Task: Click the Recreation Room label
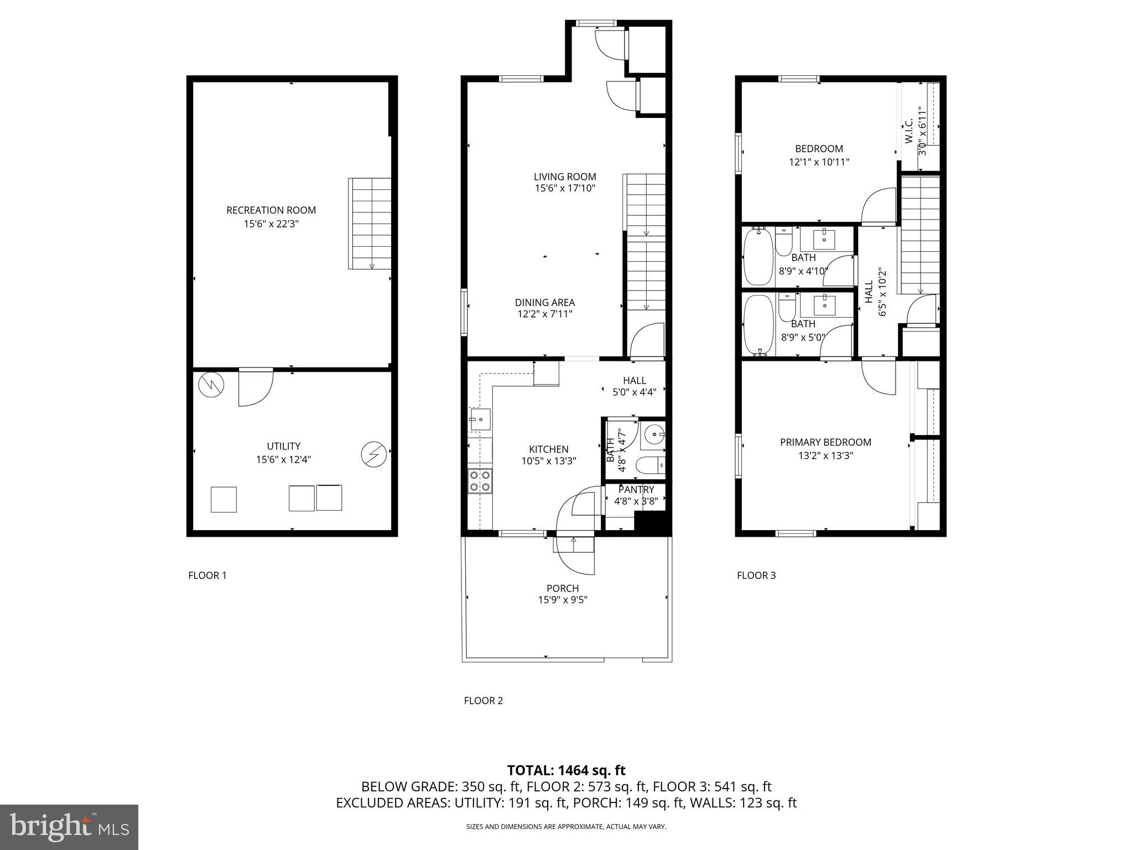pyautogui.click(x=271, y=210)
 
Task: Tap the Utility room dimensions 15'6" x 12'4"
pyautogui.click(x=283, y=459)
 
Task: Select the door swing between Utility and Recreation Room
pyautogui.click(x=255, y=387)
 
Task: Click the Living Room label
pyautogui.click(x=564, y=177)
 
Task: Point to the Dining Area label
pyautogui.click(x=544, y=303)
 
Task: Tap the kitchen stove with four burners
pyautogui.click(x=480, y=480)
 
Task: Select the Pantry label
pyautogui.click(x=636, y=490)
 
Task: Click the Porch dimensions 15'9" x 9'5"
pyautogui.click(x=562, y=600)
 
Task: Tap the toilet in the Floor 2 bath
pyautogui.click(x=649, y=466)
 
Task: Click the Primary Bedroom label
pyautogui.click(x=825, y=442)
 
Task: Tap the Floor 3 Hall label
pyautogui.click(x=869, y=291)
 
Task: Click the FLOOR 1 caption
pyautogui.click(x=207, y=576)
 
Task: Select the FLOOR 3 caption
pyautogui.click(x=756, y=576)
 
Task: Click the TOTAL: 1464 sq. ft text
pyautogui.click(x=566, y=770)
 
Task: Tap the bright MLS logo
pyautogui.click(x=69, y=827)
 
